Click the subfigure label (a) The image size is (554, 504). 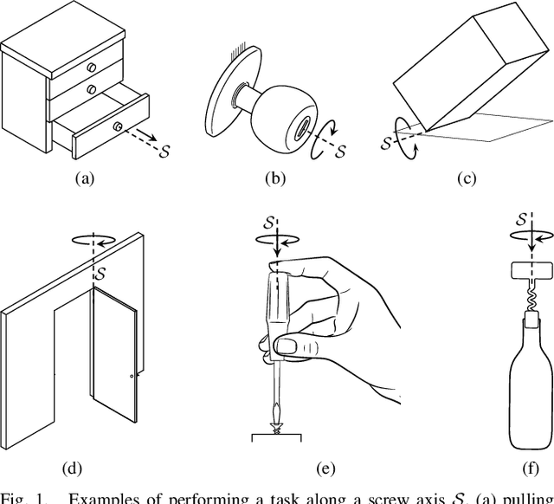tap(84, 179)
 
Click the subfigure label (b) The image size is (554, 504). tap(274, 179)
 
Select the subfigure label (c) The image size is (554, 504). tap(467, 179)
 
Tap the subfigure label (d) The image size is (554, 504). tap(73, 468)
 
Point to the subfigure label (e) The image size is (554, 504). tap(325, 468)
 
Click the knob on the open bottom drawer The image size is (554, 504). tap(117, 126)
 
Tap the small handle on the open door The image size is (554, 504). tap(132, 377)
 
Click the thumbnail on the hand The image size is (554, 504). tap(284, 348)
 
